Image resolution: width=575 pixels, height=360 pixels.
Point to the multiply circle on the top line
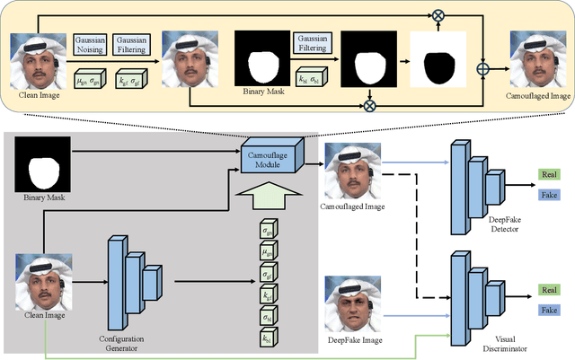pyautogui.click(x=438, y=15)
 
